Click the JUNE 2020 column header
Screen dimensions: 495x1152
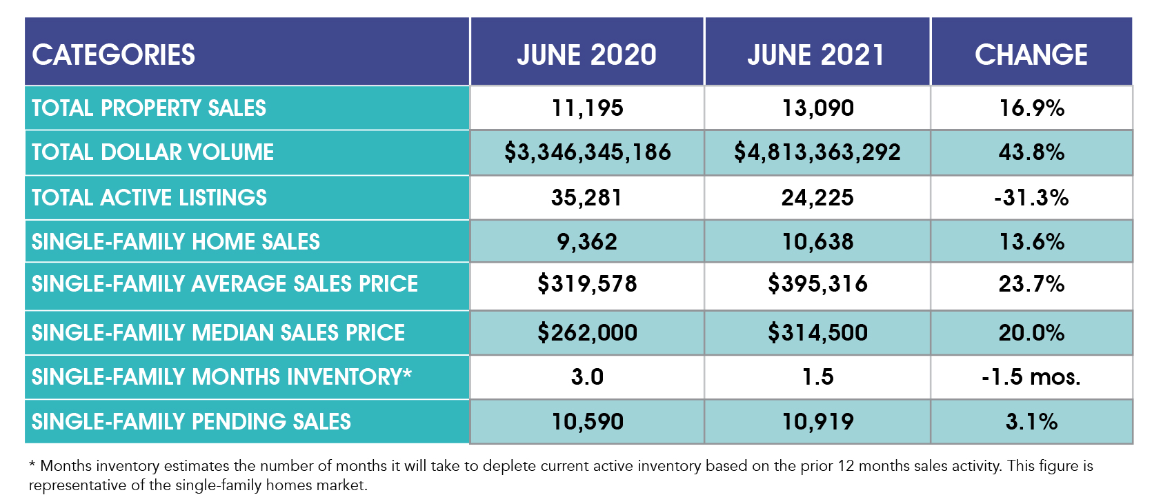[586, 54]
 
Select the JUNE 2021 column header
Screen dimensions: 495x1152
[816, 54]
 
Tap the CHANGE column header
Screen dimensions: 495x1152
[1031, 54]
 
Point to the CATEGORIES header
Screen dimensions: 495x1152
[114, 54]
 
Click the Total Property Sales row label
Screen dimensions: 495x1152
[149, 108]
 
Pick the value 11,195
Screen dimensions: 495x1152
[587, 108]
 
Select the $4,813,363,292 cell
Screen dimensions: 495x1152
[817, 152]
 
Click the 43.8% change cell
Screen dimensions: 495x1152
[1031, 152]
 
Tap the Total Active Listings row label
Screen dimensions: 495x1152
[149, 198]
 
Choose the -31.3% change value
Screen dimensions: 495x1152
[1031, 198]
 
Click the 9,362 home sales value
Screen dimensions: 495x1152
[587, 242]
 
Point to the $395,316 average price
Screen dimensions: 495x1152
[817, 284]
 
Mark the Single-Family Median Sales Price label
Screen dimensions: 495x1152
[218, 333]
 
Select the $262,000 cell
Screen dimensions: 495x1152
[587, 333]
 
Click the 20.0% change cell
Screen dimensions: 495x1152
[1031, 333]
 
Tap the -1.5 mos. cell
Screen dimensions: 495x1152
[1031, 377]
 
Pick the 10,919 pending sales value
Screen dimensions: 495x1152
[817, 422]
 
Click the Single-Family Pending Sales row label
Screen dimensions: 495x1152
[191, 422]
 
